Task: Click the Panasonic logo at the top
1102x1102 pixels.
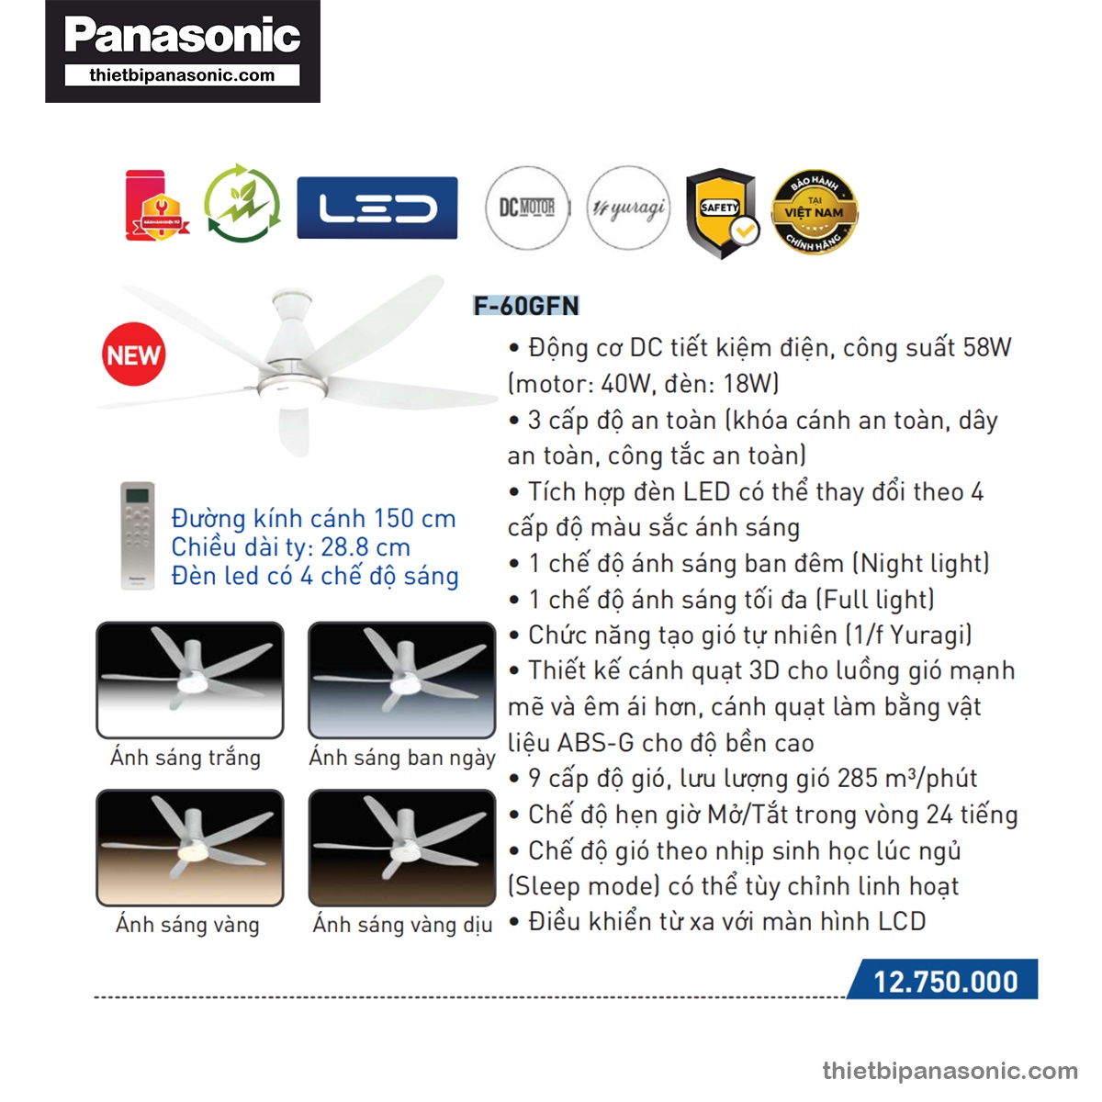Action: [x=182, y=37]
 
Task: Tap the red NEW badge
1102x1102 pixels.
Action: [x=134, y=354]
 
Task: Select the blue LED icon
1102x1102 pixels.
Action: [x=377, y=208]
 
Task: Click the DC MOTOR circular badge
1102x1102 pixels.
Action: [x=527, y=208]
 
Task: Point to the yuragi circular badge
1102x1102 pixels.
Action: [x=628, y=208]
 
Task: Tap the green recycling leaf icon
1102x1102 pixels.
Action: [x=242, y=204]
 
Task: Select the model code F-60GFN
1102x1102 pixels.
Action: [x=526, y=306]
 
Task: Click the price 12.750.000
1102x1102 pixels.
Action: [x=945, y=981]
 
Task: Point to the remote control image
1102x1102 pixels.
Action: [x=138, y=534]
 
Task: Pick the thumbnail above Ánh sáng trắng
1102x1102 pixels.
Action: [x=190, y=680]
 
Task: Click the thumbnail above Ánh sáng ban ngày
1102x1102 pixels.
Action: [x=402, y=680]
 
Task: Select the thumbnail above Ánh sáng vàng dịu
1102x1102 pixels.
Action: [x=402, y=847]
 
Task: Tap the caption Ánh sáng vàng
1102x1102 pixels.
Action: [x=187, y=924]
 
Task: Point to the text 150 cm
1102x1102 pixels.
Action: [x=414, y=518]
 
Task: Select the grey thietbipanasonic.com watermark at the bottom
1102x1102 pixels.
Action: [x=950, y=1071]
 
